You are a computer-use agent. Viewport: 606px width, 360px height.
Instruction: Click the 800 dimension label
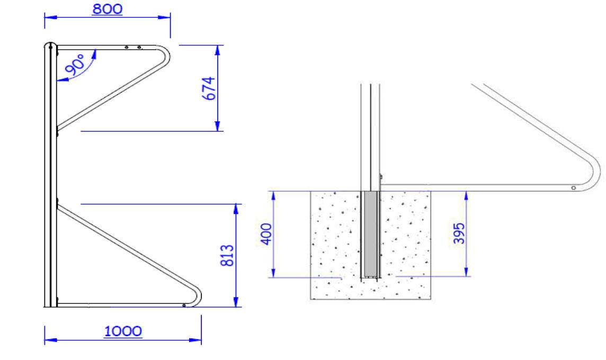[108, 9]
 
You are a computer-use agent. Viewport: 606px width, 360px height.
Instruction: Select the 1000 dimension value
[123, 331]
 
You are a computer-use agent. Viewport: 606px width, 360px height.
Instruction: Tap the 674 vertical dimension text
[209, 88]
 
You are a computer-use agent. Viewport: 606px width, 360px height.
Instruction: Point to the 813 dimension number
[227, 255]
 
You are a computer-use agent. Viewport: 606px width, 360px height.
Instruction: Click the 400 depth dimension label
[266, 234]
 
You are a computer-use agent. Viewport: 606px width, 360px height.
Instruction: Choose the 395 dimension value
[459, 233]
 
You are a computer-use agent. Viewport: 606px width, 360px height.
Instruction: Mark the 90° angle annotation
[75, 64]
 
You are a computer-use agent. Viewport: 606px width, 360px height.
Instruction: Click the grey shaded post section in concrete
[371, 233]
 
